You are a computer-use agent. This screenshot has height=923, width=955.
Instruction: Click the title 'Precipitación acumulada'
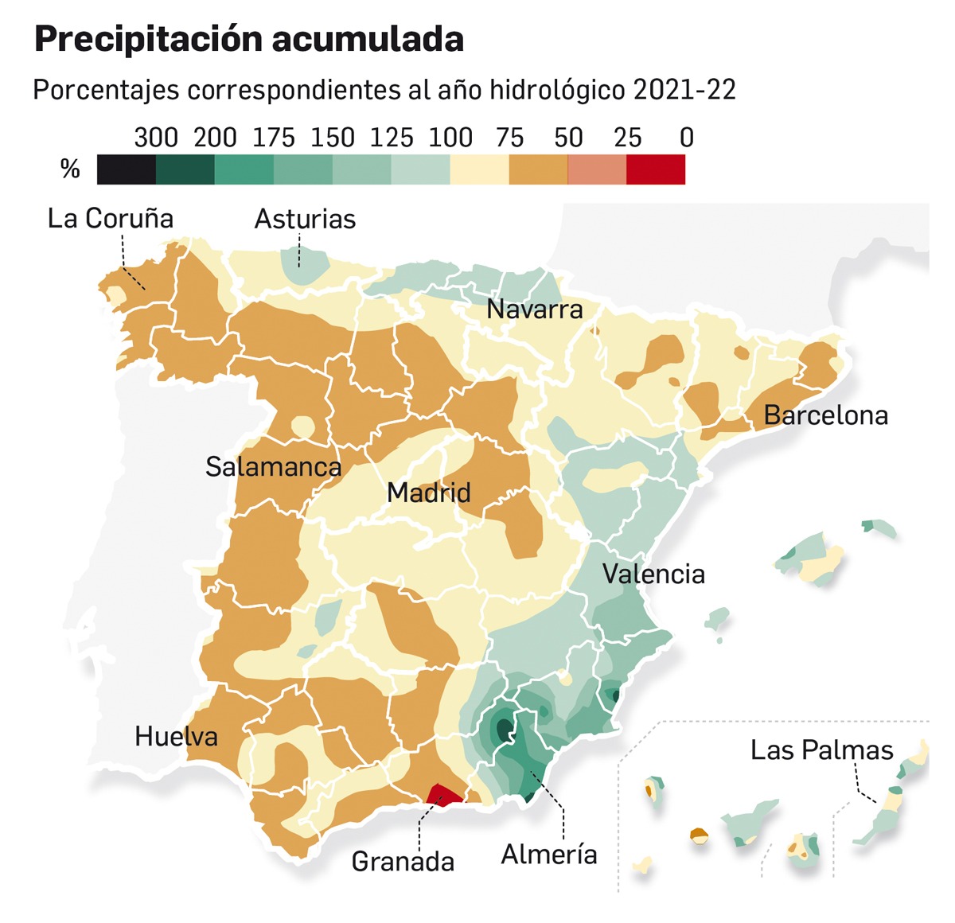click(x=248, y=40)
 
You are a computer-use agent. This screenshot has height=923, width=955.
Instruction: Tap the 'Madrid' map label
click(x=428, y=493)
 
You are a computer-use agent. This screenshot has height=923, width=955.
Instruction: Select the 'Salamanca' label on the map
click(x=273, y=466)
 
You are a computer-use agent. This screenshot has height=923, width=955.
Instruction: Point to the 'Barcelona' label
click(x=825, y=415)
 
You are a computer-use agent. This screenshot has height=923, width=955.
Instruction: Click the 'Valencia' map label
click(x=653, y=574)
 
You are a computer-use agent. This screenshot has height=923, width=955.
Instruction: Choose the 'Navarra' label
click(x=534, y=310)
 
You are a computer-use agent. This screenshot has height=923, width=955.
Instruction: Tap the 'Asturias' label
click(x=305, y=220)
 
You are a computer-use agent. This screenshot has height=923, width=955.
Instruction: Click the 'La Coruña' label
click(x=110, y=219)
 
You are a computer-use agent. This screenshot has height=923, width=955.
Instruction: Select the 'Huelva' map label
click(x=176, y=736)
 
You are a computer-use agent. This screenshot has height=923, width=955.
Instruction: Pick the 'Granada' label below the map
click(x=403, y=861)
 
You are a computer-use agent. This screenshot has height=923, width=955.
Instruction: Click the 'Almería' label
click(x=549, y=855)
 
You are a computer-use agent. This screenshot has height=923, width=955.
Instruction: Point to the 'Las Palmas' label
click(x=821, y=750)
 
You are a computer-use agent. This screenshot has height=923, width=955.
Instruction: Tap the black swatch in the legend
click(x=127, y=169)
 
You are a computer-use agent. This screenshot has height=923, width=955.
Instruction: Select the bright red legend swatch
click(x=655, y=169)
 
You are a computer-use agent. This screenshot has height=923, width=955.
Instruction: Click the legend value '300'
click(x=155, y=138)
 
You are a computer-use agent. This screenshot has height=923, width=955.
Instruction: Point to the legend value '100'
click(x=450, y=138)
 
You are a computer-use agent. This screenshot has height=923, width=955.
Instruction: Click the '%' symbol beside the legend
click(x=70, y=169)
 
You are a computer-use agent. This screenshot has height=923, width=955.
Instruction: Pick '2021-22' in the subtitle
click(x=684, y=90)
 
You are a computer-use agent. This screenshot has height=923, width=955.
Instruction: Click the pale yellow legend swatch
click(x=479, y=169)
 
